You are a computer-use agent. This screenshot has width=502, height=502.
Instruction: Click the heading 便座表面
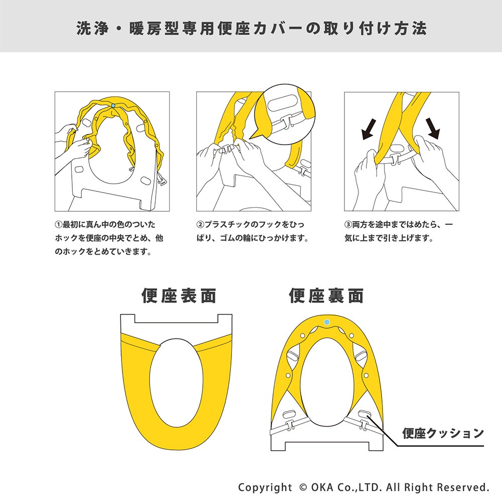179,296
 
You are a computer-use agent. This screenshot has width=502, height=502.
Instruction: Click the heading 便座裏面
326,296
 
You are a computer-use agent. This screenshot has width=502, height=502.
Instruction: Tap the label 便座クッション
443,433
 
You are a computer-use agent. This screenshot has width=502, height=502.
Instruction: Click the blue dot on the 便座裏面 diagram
327,321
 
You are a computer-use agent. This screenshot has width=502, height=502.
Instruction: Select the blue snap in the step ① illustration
114,105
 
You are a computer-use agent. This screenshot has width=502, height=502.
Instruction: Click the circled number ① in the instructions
58,224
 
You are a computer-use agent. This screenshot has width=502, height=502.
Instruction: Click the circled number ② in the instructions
199,224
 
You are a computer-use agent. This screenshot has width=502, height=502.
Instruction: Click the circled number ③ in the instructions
347,224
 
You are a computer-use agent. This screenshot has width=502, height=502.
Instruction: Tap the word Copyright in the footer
265,487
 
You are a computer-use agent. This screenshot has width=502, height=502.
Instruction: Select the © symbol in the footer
302,487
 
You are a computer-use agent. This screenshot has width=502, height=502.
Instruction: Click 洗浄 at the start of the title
87,29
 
